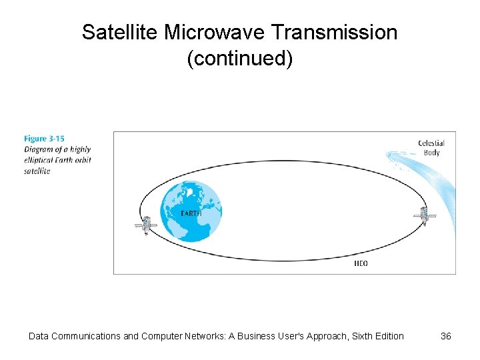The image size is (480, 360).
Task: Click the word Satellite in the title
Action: point(120,32)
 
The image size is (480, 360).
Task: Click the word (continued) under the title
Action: point(240,59)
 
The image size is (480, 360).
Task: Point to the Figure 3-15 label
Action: point(44,139)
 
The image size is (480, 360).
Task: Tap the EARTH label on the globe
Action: point(191,213)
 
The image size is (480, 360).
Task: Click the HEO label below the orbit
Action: point(360,263)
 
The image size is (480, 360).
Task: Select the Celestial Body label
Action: point(431,147)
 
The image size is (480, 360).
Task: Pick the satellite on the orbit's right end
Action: point(423,216)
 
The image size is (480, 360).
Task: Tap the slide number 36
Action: point(446,336)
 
